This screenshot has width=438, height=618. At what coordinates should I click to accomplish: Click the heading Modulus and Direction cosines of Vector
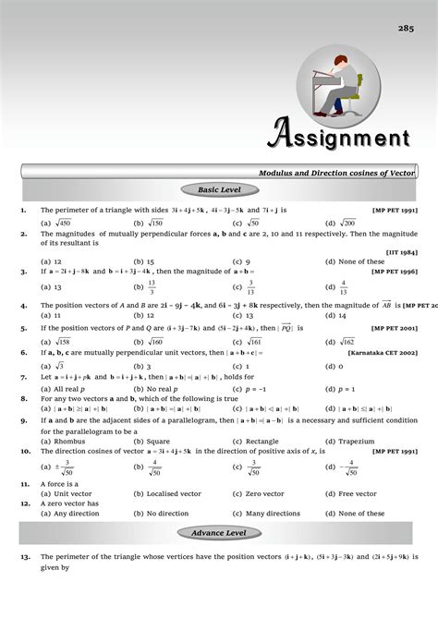click(x=337, y=173)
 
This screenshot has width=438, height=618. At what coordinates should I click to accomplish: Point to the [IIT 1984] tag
click(x=400, y=252)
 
